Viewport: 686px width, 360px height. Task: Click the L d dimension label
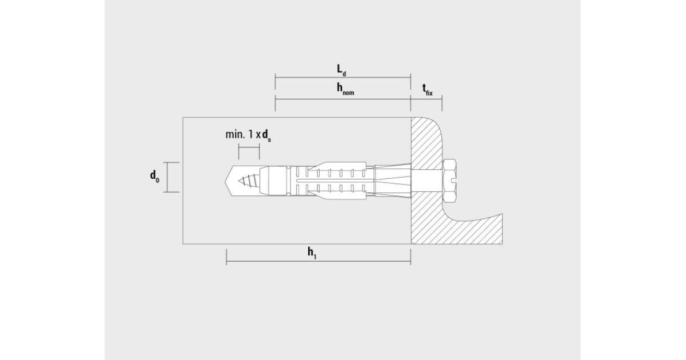click(x=341, y=70)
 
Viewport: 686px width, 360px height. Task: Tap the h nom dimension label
click(x=345, y=89)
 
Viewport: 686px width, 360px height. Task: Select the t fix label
click(x=428, y=90)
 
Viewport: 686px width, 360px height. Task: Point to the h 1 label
click(x=312, y=253)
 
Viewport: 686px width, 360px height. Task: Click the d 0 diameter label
click(x=155, y=177)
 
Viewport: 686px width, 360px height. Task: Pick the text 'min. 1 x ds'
click(x=248, y=135)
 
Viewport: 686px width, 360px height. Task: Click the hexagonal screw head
click(x=449, y=181)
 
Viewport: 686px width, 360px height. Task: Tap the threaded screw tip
click(x=248, y=181)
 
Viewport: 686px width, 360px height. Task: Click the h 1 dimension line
click(x=318, y=262)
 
